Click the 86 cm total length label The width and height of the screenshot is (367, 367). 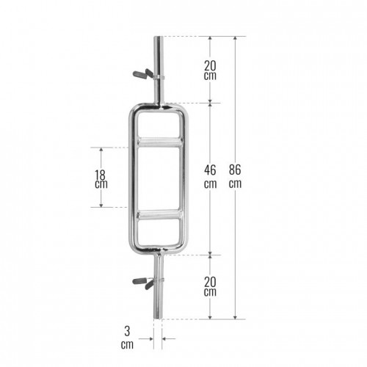pos(235,176)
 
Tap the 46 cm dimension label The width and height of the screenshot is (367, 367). pos(210,176)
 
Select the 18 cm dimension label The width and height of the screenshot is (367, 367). pos(101,179)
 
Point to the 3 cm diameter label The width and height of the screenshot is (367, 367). pos(127,338)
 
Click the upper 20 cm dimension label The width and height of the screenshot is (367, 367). pos(210,70)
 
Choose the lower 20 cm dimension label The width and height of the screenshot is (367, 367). pos(210,287)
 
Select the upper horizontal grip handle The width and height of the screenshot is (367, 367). pos(160,142)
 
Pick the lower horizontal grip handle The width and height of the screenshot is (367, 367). pos(160,215)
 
